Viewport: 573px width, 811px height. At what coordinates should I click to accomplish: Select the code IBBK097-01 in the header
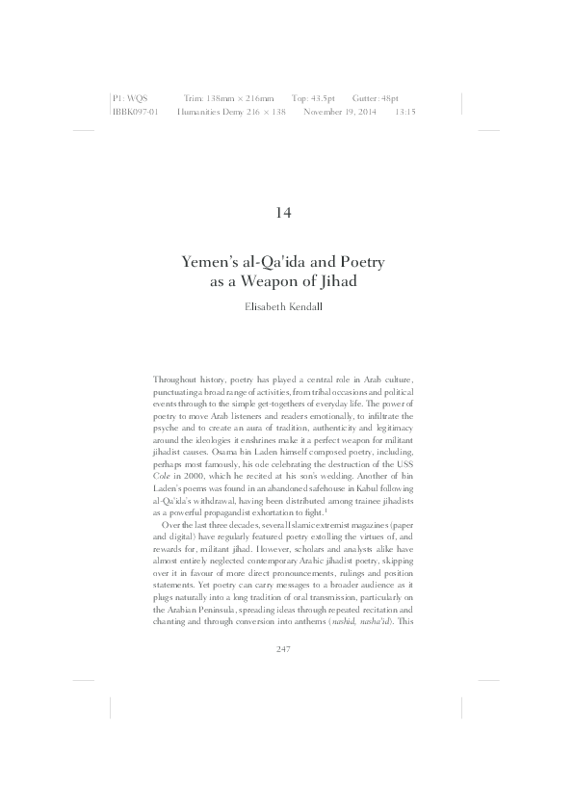(135, 112)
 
